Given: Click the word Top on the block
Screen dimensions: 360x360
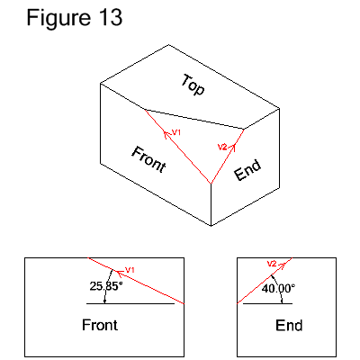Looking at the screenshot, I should click(193, 85).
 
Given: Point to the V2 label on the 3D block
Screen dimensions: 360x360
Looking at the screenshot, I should click(223, 145).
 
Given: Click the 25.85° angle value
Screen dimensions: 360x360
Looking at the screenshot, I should click(105, 286).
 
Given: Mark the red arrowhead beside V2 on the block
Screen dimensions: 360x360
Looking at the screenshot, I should click(236, 141).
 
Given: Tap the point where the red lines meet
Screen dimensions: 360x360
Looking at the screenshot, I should click(211, 184).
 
